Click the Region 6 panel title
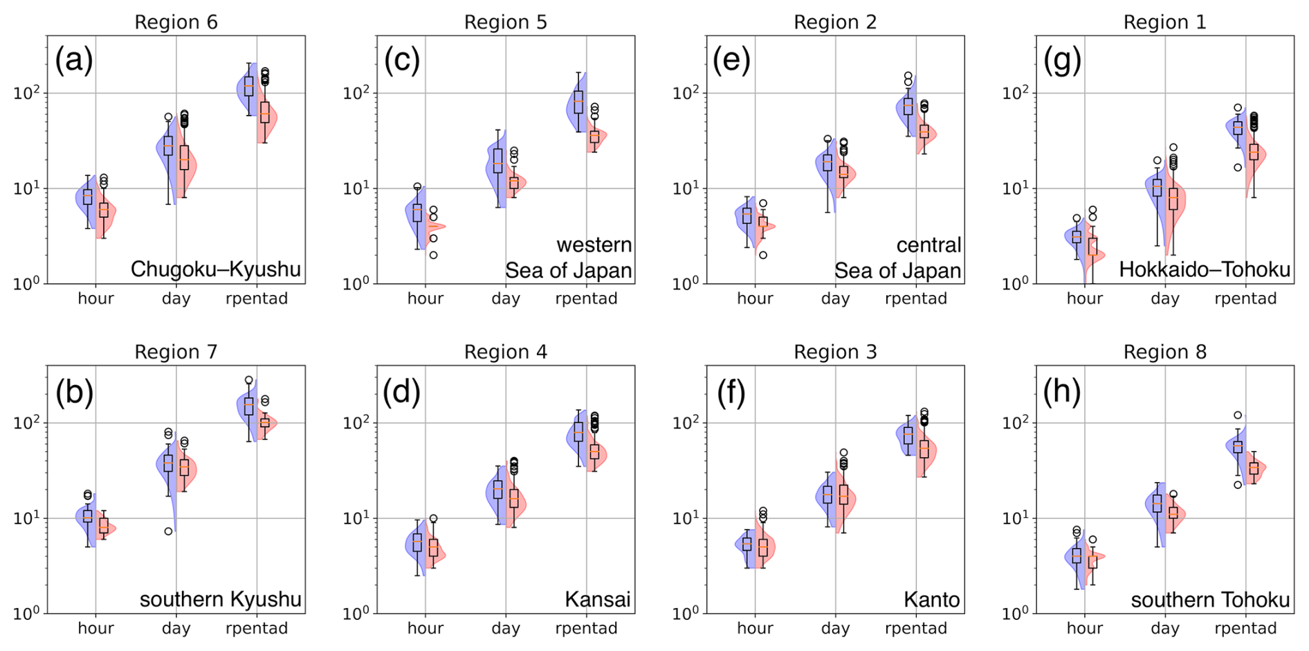(176, 22)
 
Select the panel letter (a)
(74, 60)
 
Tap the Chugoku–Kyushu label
(216, 269)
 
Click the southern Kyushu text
(221, 599)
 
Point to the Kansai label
(598, 599)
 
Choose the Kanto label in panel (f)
(931, 599)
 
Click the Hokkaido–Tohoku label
(1205, 269)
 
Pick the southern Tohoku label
(1210, 599)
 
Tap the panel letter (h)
(1062, 391)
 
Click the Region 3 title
(835, 353)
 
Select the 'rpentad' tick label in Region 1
(1245, 298)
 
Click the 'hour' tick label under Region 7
(95, 628)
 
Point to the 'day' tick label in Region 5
(506, 298)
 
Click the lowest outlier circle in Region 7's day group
(168, 531)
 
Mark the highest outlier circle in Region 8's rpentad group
(1238, 416)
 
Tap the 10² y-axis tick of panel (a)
(27, 93)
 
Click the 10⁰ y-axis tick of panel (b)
(27, 614)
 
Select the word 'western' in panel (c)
(594, 244)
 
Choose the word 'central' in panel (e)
(928, 244)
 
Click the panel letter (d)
(403, 391)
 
